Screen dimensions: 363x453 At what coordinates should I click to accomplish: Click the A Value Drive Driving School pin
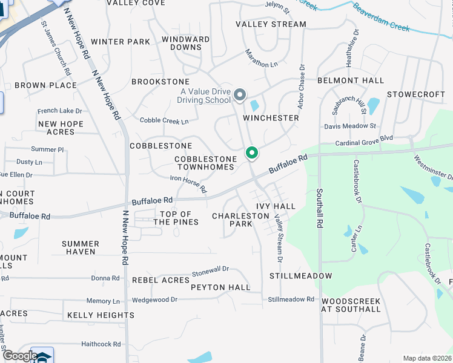coord(240,94)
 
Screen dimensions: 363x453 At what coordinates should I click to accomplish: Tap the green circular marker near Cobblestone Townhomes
coord(252,153)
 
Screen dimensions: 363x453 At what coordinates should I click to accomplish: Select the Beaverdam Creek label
coord(382,18)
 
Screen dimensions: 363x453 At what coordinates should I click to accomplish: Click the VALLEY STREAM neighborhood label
coord(271,24)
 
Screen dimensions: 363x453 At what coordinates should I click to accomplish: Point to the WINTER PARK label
coord(120,42)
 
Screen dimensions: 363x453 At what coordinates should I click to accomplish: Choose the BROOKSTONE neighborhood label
coord(160,82)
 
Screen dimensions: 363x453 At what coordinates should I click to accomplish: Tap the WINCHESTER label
coord(271,118)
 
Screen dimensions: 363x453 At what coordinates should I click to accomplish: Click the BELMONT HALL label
coord(351,80)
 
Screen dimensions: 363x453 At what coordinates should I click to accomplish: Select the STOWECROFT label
coord(415,94)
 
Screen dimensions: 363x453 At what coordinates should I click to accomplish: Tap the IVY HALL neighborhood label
coord(276,206)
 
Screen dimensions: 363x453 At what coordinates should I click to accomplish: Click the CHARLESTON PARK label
coord(232,220)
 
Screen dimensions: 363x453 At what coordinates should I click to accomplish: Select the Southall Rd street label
coord(319,209)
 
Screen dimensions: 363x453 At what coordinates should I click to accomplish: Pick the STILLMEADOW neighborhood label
coord(301,276)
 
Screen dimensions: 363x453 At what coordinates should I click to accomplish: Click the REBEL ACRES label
coord(160,280)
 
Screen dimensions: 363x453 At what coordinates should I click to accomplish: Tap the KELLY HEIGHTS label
coord(101,315)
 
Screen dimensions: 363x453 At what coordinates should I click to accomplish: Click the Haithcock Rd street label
coord(101,344)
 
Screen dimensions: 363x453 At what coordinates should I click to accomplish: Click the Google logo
coord(20,356)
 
